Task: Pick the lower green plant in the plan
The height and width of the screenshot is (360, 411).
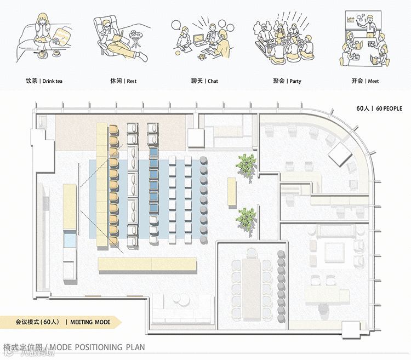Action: point(246,219)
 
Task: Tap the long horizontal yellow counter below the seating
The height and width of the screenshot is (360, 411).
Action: point(147,265)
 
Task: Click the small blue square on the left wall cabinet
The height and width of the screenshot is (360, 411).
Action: point(69,240)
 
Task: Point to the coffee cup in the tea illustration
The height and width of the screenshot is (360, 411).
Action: point(55,53)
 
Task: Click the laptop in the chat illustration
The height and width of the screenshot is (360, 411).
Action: point(198,39)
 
